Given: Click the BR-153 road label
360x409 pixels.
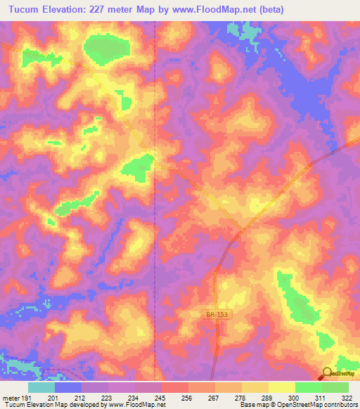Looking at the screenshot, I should point(217,318).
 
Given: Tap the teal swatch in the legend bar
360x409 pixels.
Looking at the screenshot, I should point(41,387).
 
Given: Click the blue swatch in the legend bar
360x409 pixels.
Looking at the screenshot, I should point(68,387).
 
